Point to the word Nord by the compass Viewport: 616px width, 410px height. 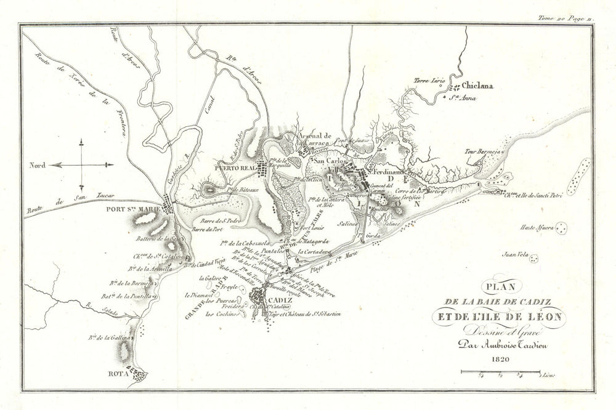coord(38,165)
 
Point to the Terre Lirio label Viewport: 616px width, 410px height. coord(429,81)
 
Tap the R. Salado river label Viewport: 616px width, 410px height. coord(94,305)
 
